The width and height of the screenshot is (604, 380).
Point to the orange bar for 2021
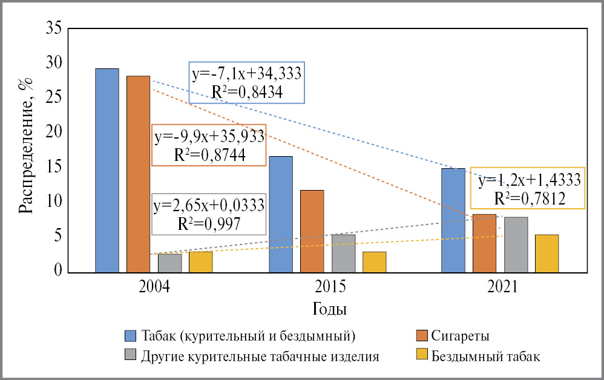coord(484,242)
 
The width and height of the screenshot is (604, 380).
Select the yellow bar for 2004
coord(200,261)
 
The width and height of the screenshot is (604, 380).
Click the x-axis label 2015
coord(327,286)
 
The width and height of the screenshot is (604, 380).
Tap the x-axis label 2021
coord(500,286)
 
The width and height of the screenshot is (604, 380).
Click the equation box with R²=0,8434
coord(246,82)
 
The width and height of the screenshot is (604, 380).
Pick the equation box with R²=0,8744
coord(209,145)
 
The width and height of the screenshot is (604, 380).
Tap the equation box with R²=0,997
coord(208,213)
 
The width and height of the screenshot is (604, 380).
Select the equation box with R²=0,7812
coord(528,188)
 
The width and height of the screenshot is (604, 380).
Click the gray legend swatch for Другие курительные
coord(131,356)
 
